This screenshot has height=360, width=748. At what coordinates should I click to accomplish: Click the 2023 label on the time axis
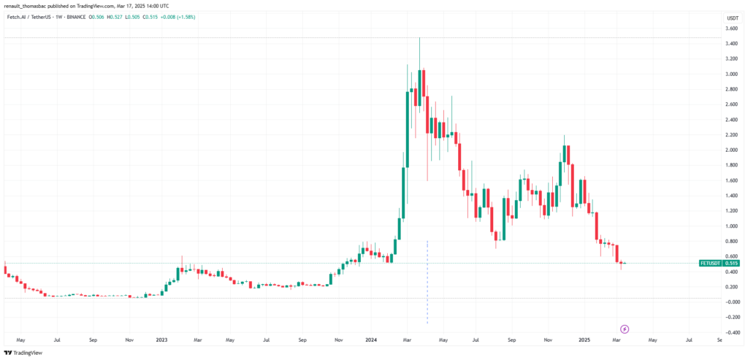point(161,340)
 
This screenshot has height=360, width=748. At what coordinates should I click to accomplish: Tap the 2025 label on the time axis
point(584,340)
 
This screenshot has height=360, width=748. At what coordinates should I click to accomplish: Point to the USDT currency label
point(731,17)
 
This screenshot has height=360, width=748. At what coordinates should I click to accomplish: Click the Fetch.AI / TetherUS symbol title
point(29,17)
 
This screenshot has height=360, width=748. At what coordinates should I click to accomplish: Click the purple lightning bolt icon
point(625,329)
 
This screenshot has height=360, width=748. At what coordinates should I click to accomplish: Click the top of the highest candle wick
point(419,38)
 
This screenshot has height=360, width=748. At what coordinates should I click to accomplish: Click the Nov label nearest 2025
point(548,340)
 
